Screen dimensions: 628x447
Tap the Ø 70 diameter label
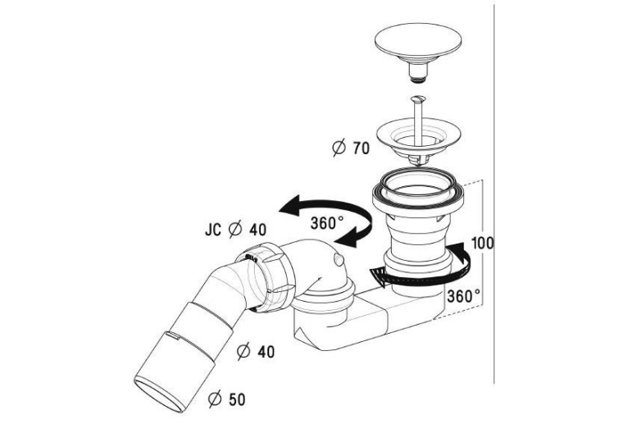click(351, 148)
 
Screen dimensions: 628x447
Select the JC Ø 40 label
click(235, 230)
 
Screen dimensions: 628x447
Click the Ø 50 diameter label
click(227, 399)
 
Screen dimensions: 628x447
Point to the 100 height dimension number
click(483, 243)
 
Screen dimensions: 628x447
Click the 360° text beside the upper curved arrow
click(327, 223)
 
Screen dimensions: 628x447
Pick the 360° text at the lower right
click(463, 296)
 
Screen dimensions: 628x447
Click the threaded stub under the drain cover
click(418, 73)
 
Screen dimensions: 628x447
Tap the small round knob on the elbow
click(339, 261)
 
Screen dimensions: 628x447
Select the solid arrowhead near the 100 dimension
click(464, 252)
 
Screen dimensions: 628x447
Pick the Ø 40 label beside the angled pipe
click(256, 351)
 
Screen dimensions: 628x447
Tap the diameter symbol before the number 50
click(215, 399)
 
